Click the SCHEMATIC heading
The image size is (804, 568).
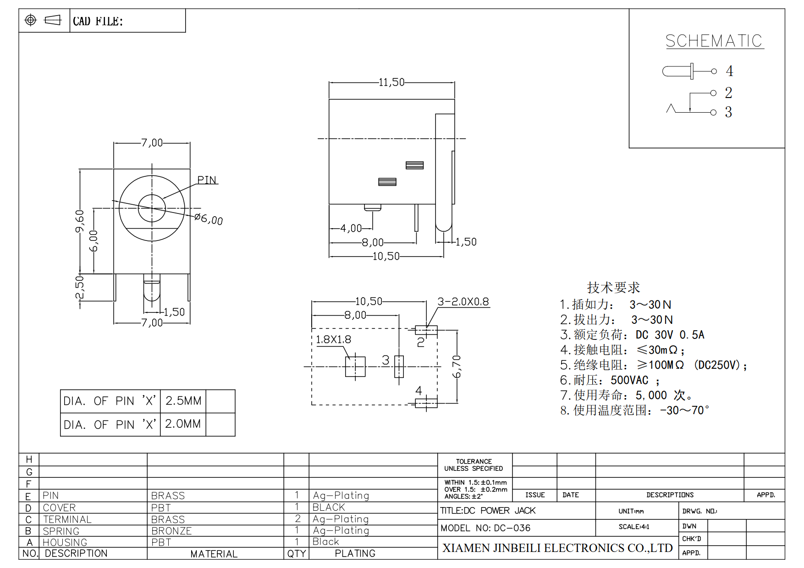click(x=714, y=41)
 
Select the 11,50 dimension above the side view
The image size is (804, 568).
click(x=391, y=82)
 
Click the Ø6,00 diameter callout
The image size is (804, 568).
click(x=209, y=218)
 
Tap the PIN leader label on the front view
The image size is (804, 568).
click(x=207, y=180)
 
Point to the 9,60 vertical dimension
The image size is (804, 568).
click(x=80, y=221)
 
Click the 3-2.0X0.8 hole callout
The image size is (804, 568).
click(x=463, y=301)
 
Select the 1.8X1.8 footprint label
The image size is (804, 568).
click(x=333, y=339)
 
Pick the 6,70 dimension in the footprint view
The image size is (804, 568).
click(x=457, y=366)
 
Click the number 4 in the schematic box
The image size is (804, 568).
click(x=729, y=71)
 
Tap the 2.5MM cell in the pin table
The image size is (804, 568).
click(x=183, y=401)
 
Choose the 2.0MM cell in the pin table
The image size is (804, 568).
click(x=183, y=424)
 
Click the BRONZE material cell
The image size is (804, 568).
click(x=171, y=531)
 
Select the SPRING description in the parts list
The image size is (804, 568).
click(x=61, y=531)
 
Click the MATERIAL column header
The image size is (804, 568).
click(x=214, y=554)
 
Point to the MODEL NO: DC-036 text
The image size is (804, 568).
click(x=485, y=528)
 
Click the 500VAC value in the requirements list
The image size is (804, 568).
click(x=629, y=380)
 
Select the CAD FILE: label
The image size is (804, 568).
click(x=98, y=21)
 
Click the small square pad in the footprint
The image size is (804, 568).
click(x=355, y=366)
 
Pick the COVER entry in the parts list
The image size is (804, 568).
click(x=59, y=508)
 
